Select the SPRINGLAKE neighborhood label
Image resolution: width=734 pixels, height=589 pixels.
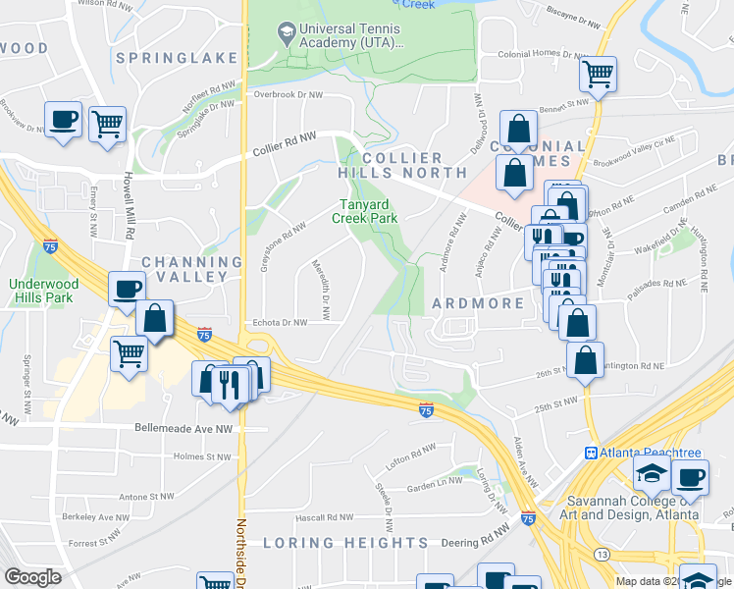pos(177,58)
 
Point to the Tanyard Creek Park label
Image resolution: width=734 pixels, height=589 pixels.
pos(368,211)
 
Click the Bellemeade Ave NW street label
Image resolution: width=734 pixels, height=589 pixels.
pos(183,429)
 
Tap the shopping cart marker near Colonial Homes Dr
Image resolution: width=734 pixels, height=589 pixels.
pos(599,74)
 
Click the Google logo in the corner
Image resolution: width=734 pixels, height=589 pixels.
pos(32,577)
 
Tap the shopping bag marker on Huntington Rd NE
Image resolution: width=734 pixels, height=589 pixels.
pos(585,360)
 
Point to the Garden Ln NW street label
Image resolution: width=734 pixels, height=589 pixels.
pos(434,483)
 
